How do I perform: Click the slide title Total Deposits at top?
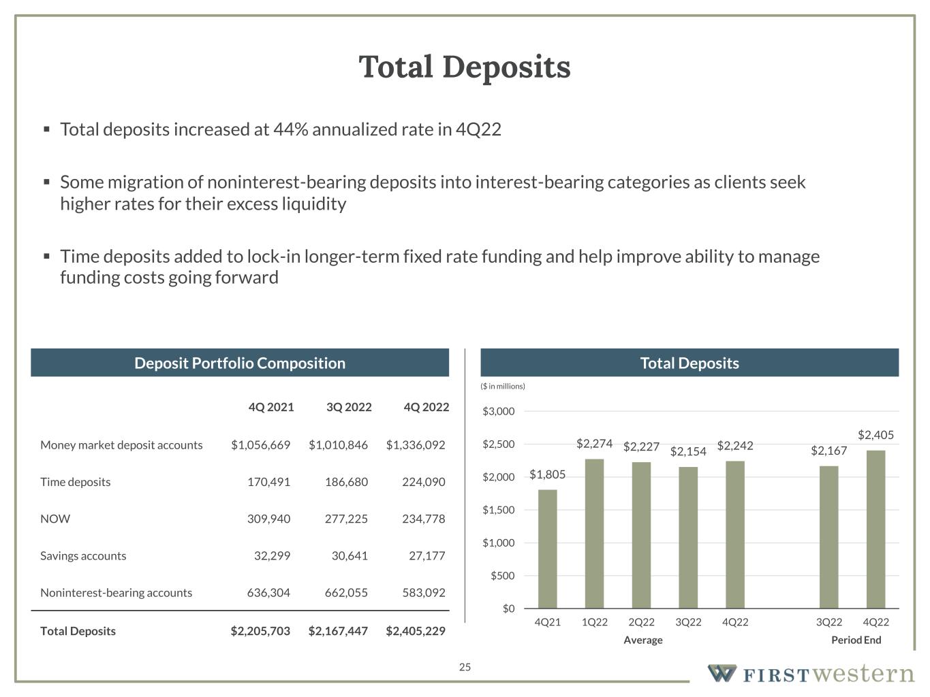[x=465, y=67]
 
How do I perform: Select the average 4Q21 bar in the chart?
[x=547, y=549]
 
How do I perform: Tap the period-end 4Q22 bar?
[x=875, y=529]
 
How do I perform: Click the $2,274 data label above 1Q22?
[x=594, y=444]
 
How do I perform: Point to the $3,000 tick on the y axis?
[x=499, y=412]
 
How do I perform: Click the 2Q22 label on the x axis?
[x=641, y=622]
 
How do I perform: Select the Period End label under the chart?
[x=856, y=640]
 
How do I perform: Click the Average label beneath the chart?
[x=643, y=640]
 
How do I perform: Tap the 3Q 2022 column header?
[x=349, y=407]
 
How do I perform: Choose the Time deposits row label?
[x=75, y=482]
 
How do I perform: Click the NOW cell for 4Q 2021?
[x=268, y=519]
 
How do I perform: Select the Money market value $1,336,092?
[x=415, y=445]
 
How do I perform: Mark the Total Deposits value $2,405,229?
[x=415, y=631]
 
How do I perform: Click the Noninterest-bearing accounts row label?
[x=116, y=593]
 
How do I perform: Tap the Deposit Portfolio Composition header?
[x=240, y=363]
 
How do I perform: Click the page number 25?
[x=465, y=667]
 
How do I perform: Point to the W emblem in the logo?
[x=722, y=673]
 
